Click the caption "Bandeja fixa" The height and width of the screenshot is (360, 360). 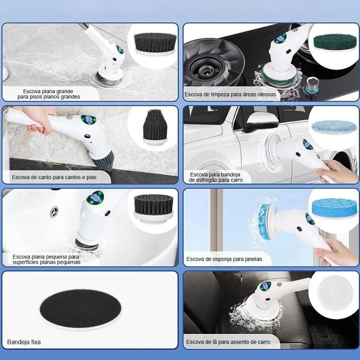click(24, 342)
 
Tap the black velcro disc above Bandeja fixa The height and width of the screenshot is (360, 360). click(81, 308)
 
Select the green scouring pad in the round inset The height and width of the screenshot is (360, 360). click(335, 42)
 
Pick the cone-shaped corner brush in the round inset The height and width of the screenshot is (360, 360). click(155, 127)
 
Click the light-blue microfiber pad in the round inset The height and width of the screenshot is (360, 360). click(334, 127)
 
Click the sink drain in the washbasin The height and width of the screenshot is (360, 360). click(54, 211)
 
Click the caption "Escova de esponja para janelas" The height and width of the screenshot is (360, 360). click(224, 259)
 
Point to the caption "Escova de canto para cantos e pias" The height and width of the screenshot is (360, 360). click(54, 177)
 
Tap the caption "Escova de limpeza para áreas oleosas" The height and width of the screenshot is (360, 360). click(230, 94)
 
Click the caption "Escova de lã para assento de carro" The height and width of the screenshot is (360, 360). click(228, 342)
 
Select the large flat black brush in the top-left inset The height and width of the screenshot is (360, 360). click(155, 44)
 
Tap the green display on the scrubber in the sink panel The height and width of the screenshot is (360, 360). click(95, 197)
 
